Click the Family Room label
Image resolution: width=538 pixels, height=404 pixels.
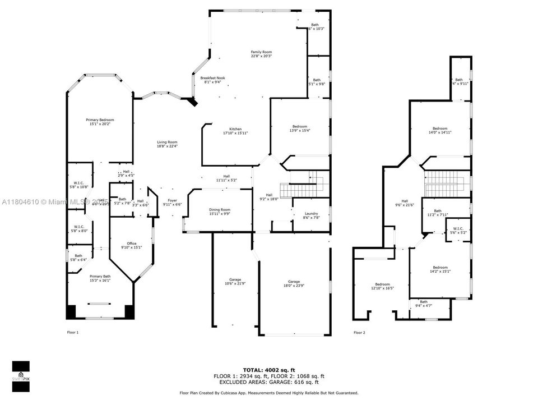tap(261, 54)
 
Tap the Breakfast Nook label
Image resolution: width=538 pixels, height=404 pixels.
tap(212, 80)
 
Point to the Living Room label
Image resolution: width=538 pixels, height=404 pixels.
tap(167, 144)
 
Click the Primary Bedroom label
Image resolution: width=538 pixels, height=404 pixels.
tap(100, 122)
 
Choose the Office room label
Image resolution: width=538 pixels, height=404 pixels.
tap(132, 245)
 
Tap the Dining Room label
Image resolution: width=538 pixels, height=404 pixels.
tap(219, 212)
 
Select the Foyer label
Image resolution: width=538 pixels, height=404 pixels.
tap(172, 203)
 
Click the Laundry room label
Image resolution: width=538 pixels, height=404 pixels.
tap(312, 215)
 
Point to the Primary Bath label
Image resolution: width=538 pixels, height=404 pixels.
tap(101, 278)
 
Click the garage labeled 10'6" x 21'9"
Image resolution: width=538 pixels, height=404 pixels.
tap(235, 282)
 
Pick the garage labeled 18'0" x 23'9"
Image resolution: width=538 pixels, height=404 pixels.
tap(294, 283)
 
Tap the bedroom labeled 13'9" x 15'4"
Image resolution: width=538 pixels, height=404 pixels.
tap(299, 128)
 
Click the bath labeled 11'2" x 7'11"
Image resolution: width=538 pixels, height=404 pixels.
tap(438, 213)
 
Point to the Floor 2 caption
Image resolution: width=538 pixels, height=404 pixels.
tap(359, 333)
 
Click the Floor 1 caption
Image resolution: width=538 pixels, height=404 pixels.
tap(73, 333)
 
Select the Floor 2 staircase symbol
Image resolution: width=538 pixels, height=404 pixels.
tap(446, 183)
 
